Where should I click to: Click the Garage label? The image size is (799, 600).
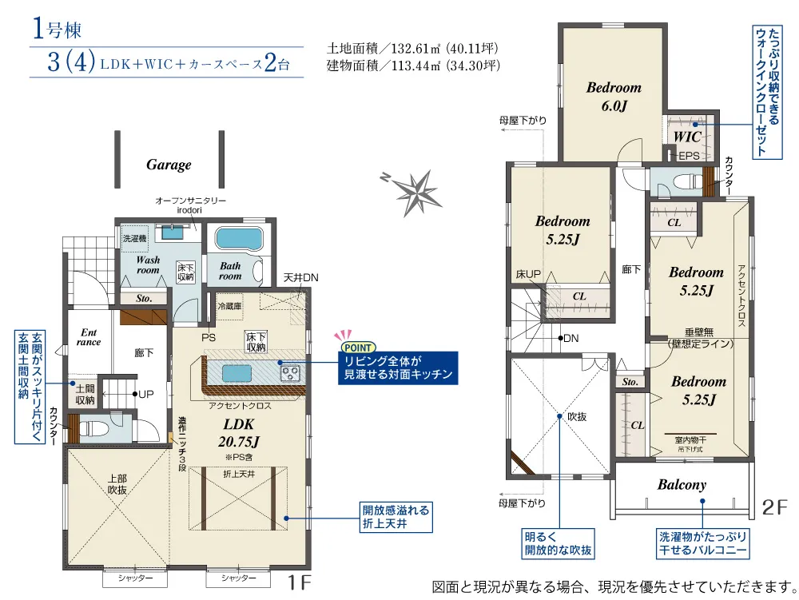coord(169,165)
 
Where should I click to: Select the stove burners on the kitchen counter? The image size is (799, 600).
coord(291,374)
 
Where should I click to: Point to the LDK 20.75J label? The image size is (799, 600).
coord(238,433)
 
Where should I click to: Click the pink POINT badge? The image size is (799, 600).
coord(358,348)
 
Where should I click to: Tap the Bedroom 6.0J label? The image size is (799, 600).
coord(614,96)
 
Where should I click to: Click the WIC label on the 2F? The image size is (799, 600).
coord(687,136)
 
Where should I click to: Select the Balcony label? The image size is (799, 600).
coord(682,484)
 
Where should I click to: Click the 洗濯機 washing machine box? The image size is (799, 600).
coord(134,238)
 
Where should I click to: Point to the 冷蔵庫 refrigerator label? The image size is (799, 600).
coord(230,306)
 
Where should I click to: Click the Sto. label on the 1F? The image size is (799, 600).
coord(144,299)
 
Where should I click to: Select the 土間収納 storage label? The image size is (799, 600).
coord(85,394)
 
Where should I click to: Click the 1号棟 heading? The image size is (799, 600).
coord(57,29)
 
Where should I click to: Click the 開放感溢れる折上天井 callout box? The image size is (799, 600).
coord(396,517)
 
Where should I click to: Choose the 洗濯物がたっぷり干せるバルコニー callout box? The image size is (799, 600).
coord(702,543)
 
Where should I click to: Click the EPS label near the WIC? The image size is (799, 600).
coord(689,155)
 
